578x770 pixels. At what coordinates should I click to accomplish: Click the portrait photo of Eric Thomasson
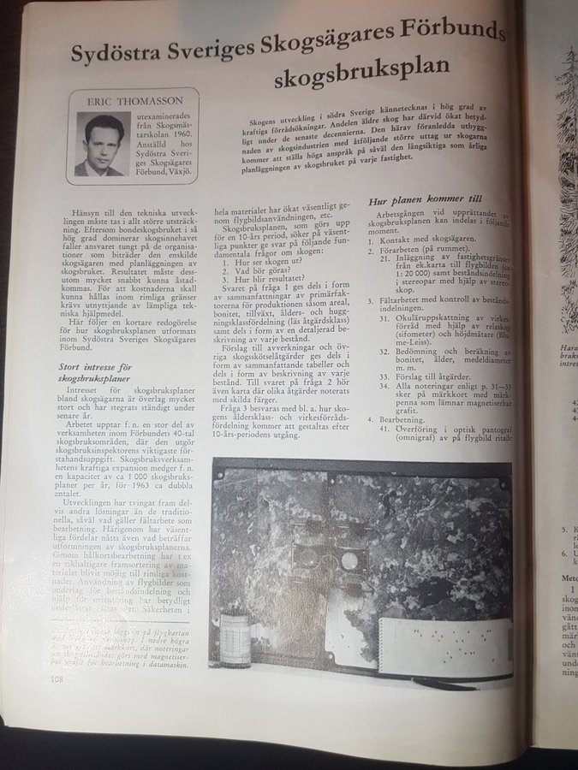point(104,145)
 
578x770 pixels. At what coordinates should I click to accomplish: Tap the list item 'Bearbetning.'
point(403,420)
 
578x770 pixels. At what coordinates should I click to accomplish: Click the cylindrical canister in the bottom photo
point(236,637)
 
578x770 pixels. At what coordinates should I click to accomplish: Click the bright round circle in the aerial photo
point(349,561)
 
